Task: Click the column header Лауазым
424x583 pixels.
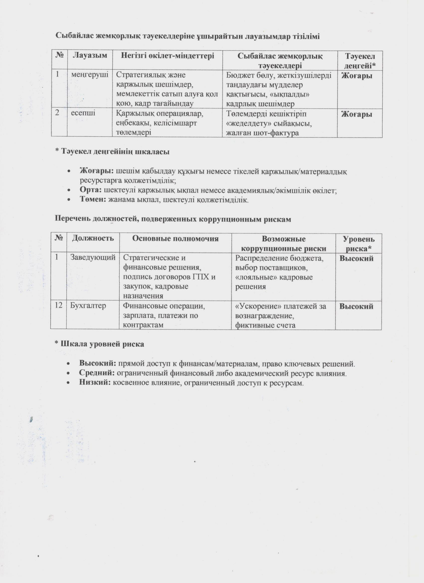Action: (90, 56)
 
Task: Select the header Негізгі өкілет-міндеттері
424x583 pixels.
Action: (167, 56)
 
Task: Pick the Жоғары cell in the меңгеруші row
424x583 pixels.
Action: (357, 76)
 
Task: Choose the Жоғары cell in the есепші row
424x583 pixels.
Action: (357, 114)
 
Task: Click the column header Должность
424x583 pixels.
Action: (93, 238)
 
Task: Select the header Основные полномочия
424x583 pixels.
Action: (175, 239)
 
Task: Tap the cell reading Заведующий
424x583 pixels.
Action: (93, 257)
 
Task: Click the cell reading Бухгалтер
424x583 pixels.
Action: (88, 306)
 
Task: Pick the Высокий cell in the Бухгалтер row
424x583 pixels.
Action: (356, 306)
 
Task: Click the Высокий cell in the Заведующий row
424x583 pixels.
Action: (356, 258)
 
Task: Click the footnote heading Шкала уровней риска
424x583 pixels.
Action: (102, 344)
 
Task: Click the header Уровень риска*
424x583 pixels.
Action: (358, 244)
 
